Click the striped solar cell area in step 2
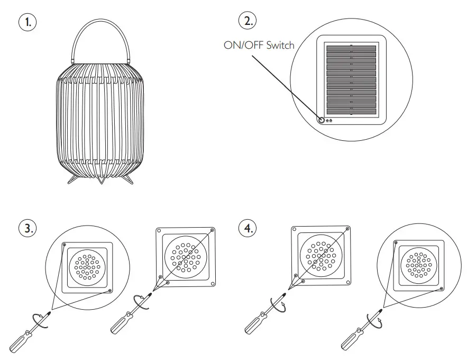[351, 79]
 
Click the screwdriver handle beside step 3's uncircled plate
[119, 325]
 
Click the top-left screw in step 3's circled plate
[65, 245]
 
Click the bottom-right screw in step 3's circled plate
[109, 290]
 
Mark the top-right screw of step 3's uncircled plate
[212, 230]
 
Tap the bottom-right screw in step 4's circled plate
[442, 289]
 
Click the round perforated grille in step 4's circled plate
[419, 264]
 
